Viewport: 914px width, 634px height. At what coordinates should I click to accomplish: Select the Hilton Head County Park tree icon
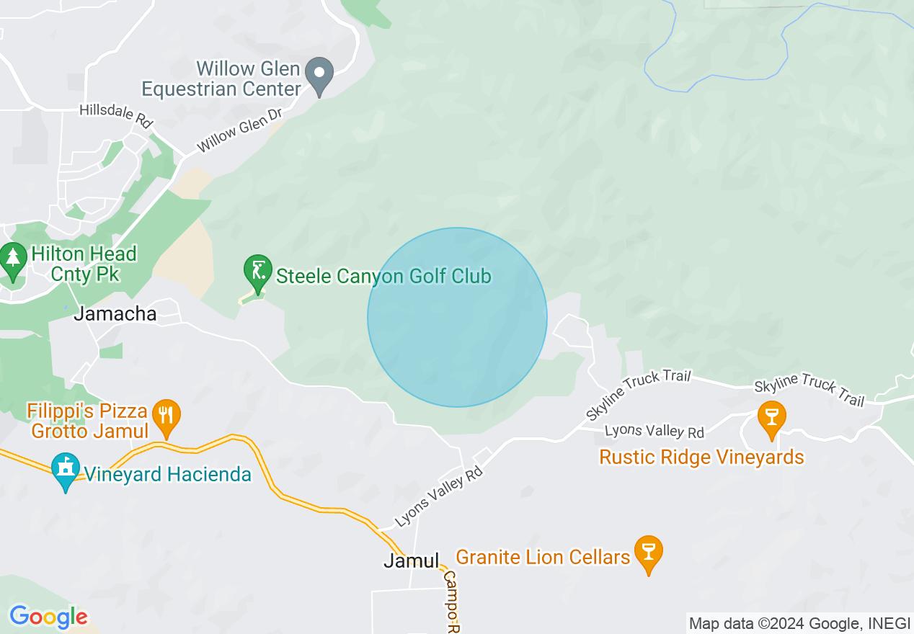(12, 260)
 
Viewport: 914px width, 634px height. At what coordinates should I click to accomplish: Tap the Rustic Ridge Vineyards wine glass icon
(771, 418)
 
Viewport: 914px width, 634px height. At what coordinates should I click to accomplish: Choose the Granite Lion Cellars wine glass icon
(648, 553)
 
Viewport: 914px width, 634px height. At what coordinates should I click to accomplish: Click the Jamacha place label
(115, 314)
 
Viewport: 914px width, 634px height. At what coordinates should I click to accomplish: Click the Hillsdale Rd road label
(116, 116)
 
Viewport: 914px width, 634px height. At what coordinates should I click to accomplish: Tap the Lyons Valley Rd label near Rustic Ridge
(654, 431)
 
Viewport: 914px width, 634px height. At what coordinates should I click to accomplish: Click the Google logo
(48, 617)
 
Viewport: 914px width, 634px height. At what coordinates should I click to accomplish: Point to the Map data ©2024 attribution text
(799, 624)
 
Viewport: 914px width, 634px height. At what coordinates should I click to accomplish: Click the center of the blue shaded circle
(457, 317)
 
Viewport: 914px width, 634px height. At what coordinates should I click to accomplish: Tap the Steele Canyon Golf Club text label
(383, 276)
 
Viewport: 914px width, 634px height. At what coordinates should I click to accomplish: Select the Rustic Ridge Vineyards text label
(701, 457)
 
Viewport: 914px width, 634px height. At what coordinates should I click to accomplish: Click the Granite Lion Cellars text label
(543, 557)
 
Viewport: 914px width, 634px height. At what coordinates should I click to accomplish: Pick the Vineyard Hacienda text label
(168, 474)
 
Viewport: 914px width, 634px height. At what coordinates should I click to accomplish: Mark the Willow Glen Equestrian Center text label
(221, 79)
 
